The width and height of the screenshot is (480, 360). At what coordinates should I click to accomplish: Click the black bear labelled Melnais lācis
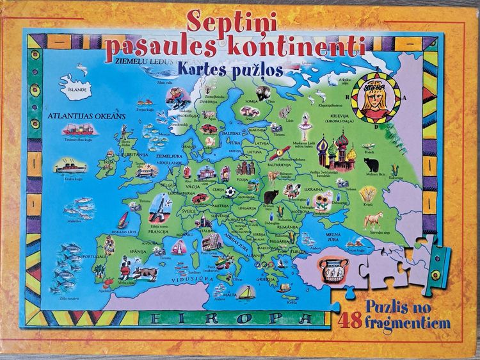[371, 165]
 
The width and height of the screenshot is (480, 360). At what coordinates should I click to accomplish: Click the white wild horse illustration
[373, 220]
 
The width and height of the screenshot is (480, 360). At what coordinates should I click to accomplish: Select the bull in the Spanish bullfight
[147, 274]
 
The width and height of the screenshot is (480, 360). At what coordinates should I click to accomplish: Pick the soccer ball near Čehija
[230, 192]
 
